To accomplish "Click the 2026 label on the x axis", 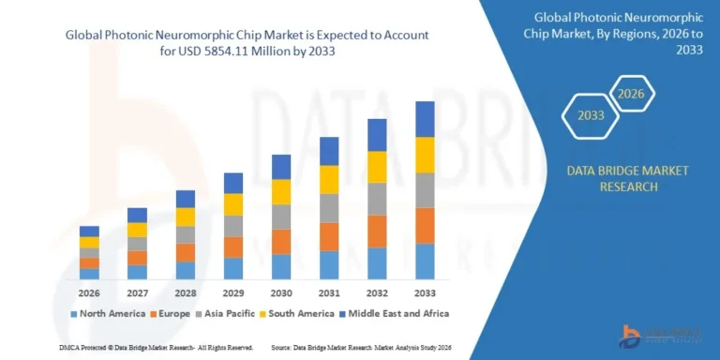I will point(89,292).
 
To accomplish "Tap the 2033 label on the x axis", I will point(425,292).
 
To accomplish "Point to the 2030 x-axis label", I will point(281,292).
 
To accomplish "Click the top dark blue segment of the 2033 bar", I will point(425,119).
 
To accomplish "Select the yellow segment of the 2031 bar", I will point(329,179).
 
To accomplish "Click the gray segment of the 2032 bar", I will point(377,199).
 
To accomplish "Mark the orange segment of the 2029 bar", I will point(233,247).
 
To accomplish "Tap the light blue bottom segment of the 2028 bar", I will point(186,270).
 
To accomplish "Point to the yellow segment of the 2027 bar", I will point(138,230).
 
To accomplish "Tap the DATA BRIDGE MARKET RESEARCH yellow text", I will point(627,178).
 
